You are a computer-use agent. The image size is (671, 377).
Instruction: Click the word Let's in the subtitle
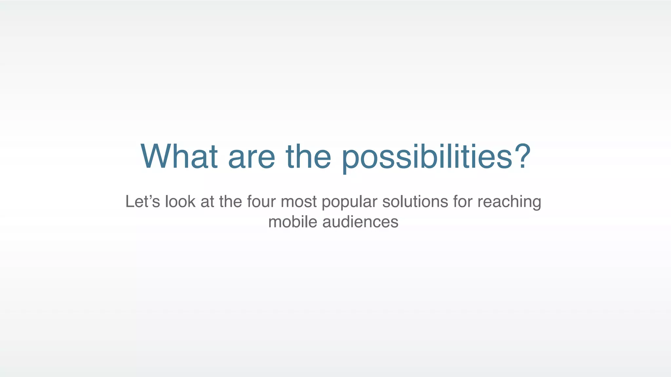coord(143,202)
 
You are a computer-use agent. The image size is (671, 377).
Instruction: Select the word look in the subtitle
coord(180,202)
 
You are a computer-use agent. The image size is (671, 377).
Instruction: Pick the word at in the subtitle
coord(207,202)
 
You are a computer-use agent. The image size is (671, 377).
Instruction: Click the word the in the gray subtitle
coord(230,202)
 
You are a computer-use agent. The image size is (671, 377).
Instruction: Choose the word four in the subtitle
coord(261,202)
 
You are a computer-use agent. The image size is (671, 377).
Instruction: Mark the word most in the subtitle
coord(298,202)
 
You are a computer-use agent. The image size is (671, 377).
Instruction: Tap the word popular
coord(349,202)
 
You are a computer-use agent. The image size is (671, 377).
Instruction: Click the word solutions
coord(415,202)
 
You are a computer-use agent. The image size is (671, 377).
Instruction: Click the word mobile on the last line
coord(293,222)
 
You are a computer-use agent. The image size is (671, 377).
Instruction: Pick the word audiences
coord(360,222)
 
